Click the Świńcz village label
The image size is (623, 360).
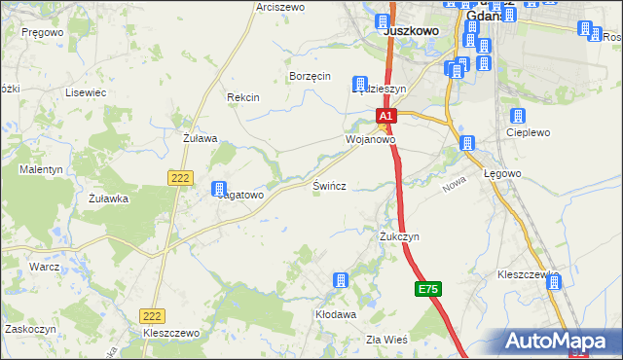tap(330, 185)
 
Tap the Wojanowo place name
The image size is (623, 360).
tap(370, 139)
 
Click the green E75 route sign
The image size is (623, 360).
tap(428, 290)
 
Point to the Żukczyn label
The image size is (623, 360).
tap(399, 236)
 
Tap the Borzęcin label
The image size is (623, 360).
tap(311, 76)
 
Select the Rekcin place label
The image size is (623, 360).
tap(242, 97)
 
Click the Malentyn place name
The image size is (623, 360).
tap(41, 169)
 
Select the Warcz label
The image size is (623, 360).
tap(45, 266)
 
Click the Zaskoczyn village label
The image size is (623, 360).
tap(28, 329)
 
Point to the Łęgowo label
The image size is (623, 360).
tap(503, 173)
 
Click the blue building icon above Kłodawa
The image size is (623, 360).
tap(341, 281)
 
